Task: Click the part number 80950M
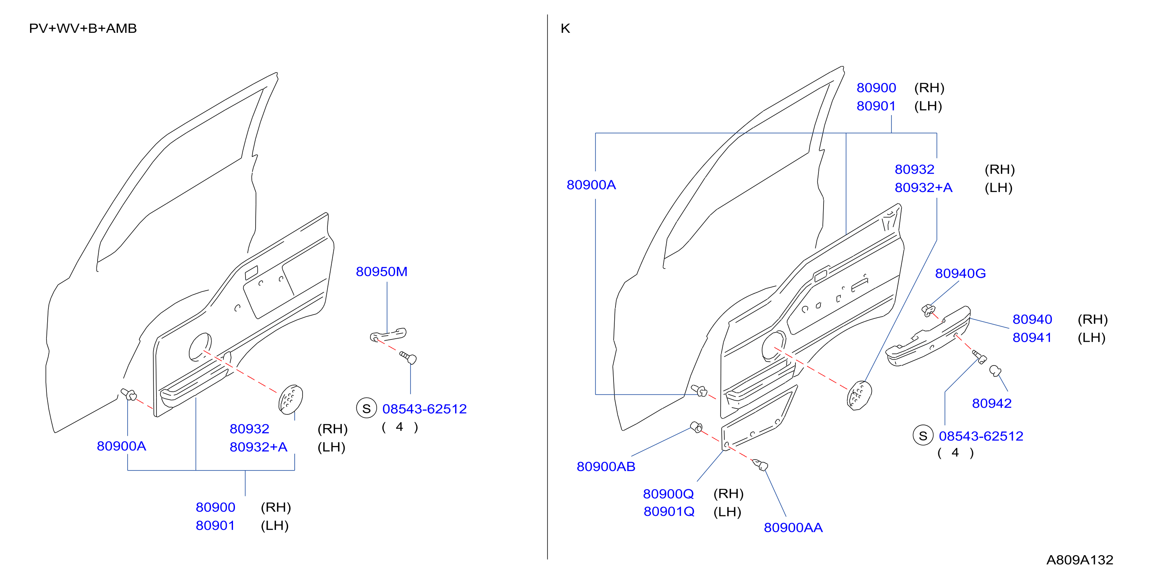tap(382, 272)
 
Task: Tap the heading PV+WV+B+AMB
tap(83, 28)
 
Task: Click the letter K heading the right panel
tap(566, 28)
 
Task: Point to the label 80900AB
tap(606, 467)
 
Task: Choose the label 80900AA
tap(793, 527)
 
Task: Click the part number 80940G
tap(961, 274)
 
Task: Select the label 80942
tap(992, 403)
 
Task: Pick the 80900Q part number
tap(669, 494)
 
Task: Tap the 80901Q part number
tap(669, 512)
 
